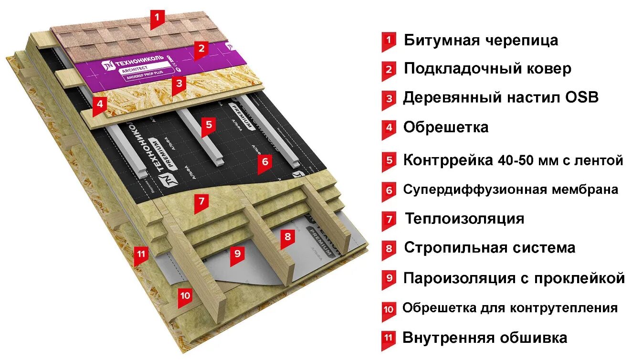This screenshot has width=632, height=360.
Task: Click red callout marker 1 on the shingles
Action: pyautogui.click(x=157, y=19)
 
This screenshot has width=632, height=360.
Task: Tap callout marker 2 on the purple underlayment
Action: pyautogui.click(x=201, y=48)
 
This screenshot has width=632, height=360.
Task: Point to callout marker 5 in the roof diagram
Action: pyautogui.click(x=208, y=125)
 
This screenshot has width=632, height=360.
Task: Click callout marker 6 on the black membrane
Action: pyautogui.click(x=265, y=162)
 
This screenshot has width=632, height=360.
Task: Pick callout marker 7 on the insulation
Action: pyautogui.click(x=201, y=201)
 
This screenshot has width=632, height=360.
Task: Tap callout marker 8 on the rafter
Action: pyautogui.click(x=287, y=236)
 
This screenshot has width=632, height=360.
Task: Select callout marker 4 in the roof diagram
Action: pyautogui.click(x=99, y=104)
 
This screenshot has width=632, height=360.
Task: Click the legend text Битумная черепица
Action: pyautogui.click(x=481, y=40)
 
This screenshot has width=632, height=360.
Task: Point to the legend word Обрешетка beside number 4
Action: pyautogui.click(x=446, y=127)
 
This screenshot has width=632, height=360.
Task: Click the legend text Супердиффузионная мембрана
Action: pyautogui.click(x=510, y=190)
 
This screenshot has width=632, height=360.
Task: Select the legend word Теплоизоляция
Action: pyautogui.click(x=464, y=219)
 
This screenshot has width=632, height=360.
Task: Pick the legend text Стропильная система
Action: pyautogui.click(x=489, y=248)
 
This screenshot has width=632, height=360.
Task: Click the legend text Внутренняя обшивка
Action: pyautogui.click(x=485, y=338)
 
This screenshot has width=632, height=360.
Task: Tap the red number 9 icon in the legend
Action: pyautogui.click(x=389, y=278)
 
